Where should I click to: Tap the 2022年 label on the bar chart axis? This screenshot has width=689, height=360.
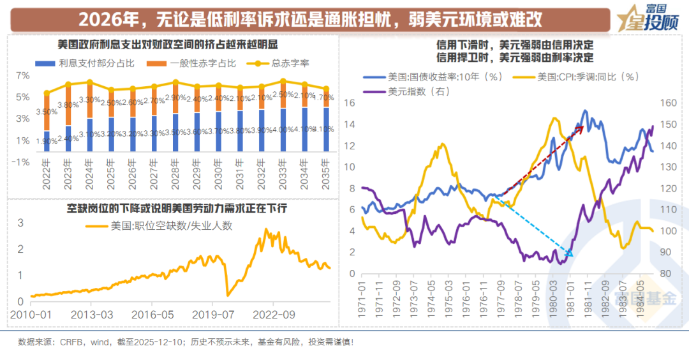tap(47, 176)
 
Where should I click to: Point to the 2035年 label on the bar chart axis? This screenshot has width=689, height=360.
tap(326, 176)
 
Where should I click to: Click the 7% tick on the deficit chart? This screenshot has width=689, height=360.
tap(22, 75)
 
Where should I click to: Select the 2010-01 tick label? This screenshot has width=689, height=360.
tap(31, 314)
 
